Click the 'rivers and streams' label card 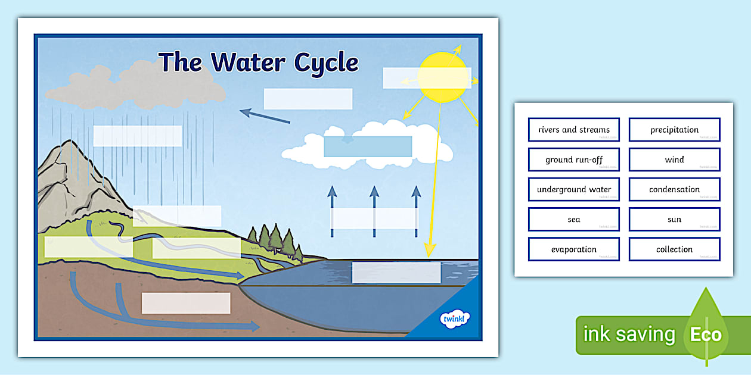[573, 130]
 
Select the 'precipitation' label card [674, 130]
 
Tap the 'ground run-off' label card [573, 160]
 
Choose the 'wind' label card [674, 160]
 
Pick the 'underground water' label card [573, 189]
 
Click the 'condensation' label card [674, 189]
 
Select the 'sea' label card [573, 220]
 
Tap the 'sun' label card [674, 220]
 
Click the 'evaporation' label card [573, 249]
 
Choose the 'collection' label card [674, 249]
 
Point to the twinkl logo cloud [455, 319]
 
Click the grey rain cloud [136, 86]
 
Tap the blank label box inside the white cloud [368, 146]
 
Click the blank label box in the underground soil [186, 303]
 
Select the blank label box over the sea [396, 273]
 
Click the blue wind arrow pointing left [265, 116]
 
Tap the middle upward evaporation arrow [374, 205]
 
